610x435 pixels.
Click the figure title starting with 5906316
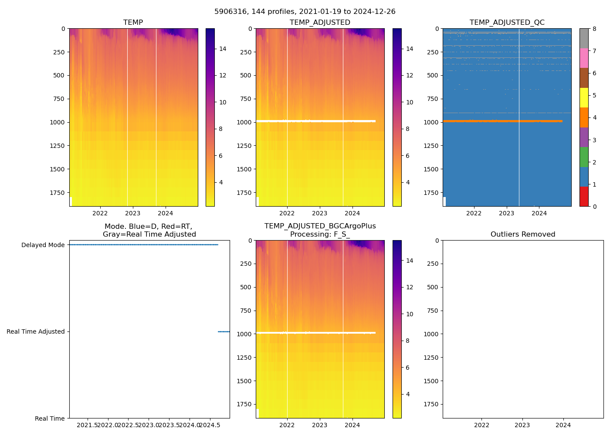pyautogui.click(x=305, y=12)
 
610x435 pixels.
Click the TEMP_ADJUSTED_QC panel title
pyautogui.click(x=507, y=22)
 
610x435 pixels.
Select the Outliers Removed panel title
pyautogui.click(x=522, y=234)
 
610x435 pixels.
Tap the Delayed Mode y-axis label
pyautogui.click(x=43, y=245)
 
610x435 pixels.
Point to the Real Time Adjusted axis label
pyautogui.click(x=35, y=331)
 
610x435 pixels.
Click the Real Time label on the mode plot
pyautogui.click(x=50, y=418)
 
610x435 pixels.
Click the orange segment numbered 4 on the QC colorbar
pyautogui.click(x=584, y=117)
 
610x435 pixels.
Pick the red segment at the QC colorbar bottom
pyautogui.click(x=584, y=196)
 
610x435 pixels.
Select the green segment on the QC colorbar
pyautogui.click(x=584, y=157)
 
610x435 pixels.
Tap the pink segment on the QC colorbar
pyautogui.click(x=584, y=58)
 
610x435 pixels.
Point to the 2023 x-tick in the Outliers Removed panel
pyautogui.click(x=522, y=425)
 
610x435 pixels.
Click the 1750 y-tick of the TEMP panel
pyautogui.click(x=58, y=193)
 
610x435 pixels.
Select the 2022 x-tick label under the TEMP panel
pyautogui.click(x=100, y=213)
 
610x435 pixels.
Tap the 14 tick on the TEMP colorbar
pyautogui.click(x=223, y=49)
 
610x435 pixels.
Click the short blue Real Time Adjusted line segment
pyautogui.click(x=224, y=331)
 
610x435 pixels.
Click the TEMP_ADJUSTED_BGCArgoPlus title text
pyautogui.click(x=320, y=226)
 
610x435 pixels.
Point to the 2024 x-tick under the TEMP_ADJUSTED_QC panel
pyautogui.click(x=539, y=213)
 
